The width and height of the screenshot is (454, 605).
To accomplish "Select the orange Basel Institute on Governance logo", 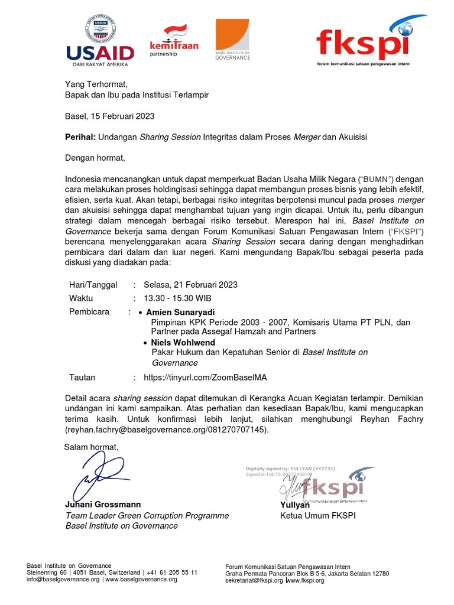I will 232,40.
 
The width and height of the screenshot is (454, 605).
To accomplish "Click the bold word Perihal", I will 80,137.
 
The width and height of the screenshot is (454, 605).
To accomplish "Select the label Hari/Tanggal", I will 93,285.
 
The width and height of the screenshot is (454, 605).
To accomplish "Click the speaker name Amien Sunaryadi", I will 180,312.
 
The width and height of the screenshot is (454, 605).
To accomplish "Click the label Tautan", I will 82,378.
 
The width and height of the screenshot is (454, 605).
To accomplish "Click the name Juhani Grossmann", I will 103,505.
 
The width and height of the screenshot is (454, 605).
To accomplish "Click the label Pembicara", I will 89,312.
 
